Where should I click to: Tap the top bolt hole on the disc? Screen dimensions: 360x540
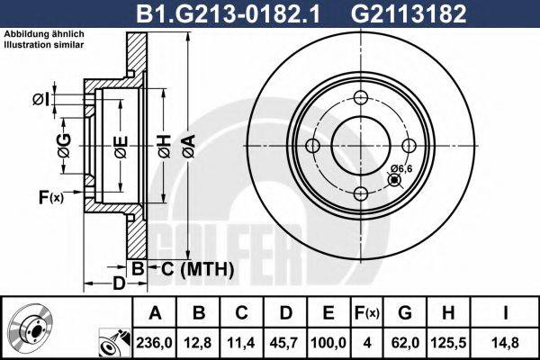coord(360,99)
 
